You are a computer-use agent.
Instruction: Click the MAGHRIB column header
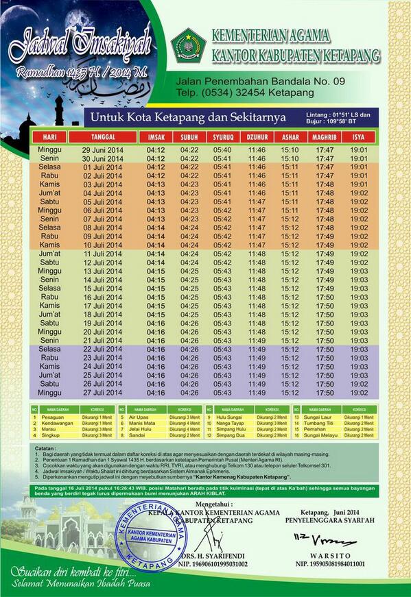(x=325, y=137)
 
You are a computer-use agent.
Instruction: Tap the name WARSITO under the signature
(x=330, y=555)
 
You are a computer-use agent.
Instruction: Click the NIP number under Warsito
(x=330, y=564)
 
